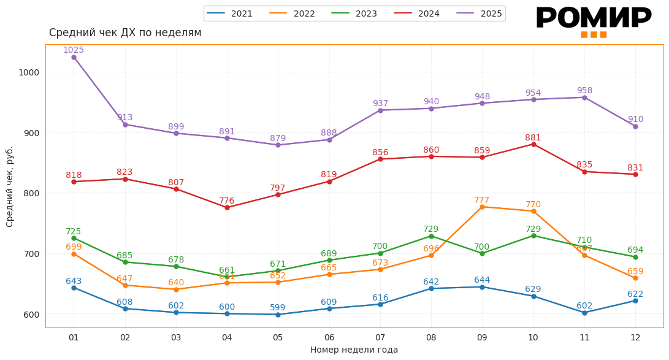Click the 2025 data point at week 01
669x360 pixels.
[x=74, y=57]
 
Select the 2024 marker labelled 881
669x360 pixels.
[x=533, y=144]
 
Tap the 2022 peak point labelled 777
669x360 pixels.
[x=482, y=207]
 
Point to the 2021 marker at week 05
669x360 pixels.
[x=278, y=315]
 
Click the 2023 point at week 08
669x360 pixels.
[x=431, y=236]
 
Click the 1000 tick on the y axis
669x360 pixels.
[x=29, y=72]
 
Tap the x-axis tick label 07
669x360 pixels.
[x=380, y=337]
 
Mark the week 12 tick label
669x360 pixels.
[x=635, y=337]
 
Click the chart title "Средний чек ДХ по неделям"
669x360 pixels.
[x=125, y=33]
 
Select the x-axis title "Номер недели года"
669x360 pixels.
[x=354, y=350]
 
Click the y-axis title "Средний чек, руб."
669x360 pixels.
[x=10, y=186]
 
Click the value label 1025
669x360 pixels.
[x=74, y=50]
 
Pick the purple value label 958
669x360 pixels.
[x=584, y=90]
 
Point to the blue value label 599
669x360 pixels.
[x=278, y=307]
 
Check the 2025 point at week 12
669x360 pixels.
[x=635, y=126]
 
